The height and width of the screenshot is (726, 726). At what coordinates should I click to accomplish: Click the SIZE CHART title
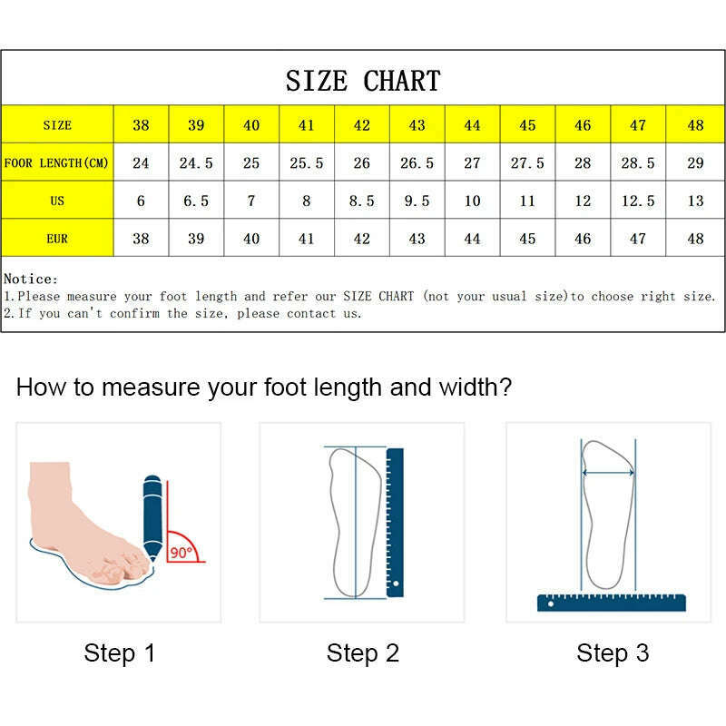point(363,81)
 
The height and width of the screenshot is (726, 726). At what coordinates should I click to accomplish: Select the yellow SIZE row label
point(56,125)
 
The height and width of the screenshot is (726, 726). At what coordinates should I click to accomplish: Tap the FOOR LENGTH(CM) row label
point(56,163)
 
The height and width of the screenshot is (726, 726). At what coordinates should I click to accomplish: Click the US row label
point(56,201)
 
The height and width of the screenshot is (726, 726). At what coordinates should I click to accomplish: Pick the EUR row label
point(56,239)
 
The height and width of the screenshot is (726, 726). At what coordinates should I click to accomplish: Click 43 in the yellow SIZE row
point(417,125)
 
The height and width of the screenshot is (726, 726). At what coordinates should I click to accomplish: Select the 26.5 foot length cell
point(417,163)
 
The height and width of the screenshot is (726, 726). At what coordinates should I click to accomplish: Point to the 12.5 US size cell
point(638,201)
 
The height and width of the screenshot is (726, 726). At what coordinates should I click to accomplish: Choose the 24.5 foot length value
point(196,163)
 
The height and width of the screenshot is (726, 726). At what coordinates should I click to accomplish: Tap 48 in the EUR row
point(694,239)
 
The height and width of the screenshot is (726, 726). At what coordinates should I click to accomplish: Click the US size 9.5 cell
point(417,201)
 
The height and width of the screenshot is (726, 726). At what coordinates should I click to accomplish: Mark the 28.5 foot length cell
point(638,163)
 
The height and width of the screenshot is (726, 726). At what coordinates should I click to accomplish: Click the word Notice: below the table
point(31,280)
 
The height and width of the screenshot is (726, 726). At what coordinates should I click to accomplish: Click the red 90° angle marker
point(183,549)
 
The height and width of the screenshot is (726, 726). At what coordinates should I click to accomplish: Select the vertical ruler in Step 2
point(395,522)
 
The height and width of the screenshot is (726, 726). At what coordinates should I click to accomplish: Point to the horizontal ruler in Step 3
point(611,602)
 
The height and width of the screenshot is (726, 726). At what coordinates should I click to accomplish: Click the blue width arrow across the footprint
point(607,473)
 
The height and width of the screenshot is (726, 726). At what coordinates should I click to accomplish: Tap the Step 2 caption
point(363,652)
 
